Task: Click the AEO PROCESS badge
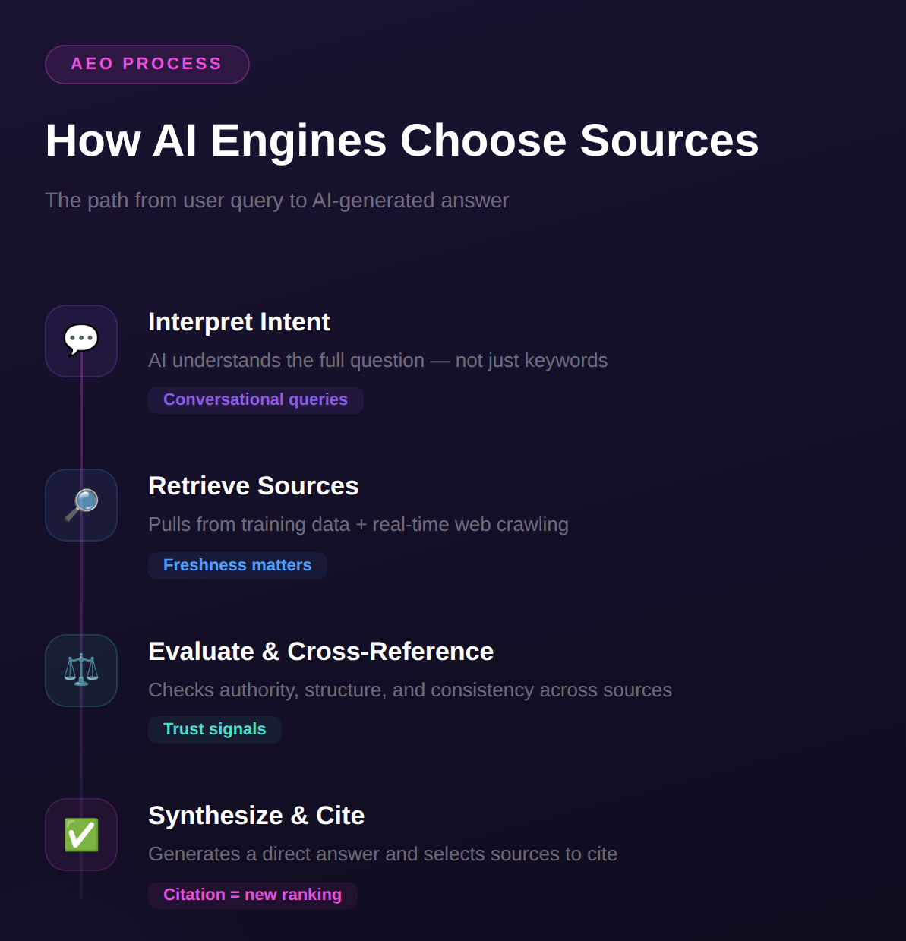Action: [147, 65]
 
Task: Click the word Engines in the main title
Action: [298, 141]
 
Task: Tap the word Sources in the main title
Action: [669, 141]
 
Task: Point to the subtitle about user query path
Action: [276, 201]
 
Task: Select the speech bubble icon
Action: [81, 339]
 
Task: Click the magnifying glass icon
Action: [81, 504]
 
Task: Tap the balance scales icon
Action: [81, 670]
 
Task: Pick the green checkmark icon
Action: [81, 834]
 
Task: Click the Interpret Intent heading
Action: [238, 322]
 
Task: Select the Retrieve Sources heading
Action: [253, 486]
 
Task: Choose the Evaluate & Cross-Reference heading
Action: [320, 652]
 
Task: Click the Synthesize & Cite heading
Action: [256, 816]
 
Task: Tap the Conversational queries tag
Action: [255, 399]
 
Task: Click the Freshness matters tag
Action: [237, 565]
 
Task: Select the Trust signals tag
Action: [214, 729]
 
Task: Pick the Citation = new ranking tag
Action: [252, 895]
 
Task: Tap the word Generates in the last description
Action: [194, 854]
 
